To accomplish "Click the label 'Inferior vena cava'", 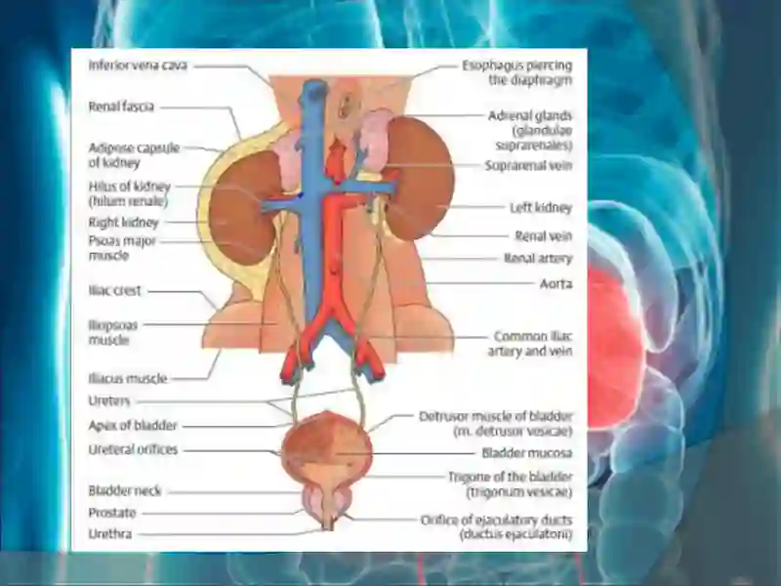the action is click(138, 65).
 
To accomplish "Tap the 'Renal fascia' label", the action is click(121, 106).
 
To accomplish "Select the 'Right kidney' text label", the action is click(124, 223).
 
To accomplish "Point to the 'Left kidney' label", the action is click(541, 207).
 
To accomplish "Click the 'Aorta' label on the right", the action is click(555, 283).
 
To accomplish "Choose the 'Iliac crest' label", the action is click(114, 290).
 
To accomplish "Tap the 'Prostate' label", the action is click(112, 513).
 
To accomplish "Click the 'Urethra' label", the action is click(110, 534).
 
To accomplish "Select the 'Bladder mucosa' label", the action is click(527, 453).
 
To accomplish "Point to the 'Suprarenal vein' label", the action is click(528, 165).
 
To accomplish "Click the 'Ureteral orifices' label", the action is click(133, 449).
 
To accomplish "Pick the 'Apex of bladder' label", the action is click(133, 426).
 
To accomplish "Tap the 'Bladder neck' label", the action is click(125, 491).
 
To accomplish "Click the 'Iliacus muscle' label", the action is click(128, 379).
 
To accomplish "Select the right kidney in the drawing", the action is click(241, 209).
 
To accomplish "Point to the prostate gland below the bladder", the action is click(327, 503).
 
